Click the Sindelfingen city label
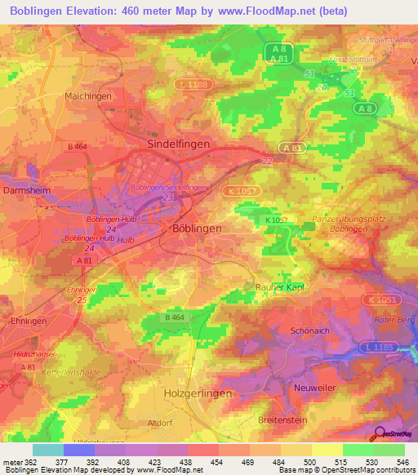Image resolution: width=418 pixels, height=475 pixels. pyautogui.click(x=177, y=143)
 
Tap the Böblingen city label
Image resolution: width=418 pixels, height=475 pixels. pyautogui.click(x=197, y=229)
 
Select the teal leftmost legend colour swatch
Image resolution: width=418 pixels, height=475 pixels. pyautogui.click(x=47, y=449)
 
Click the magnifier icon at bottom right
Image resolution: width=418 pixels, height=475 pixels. pyautogui.click(x=380, y=435)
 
